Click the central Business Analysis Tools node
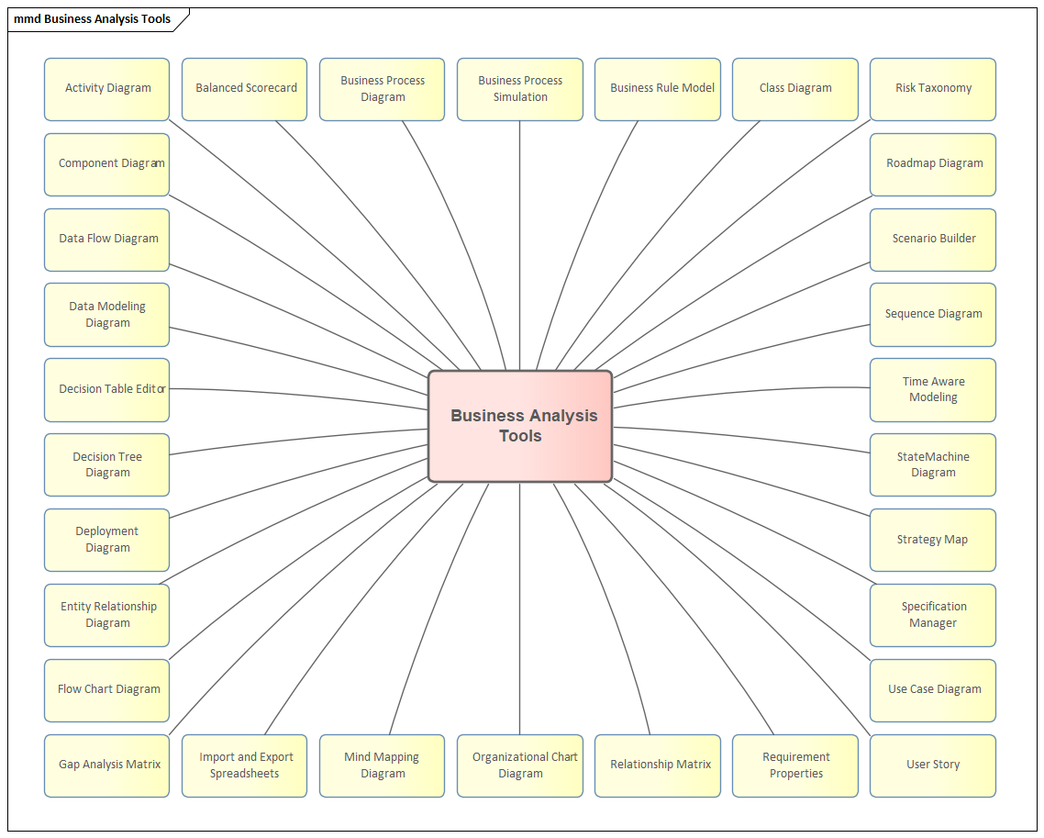point(520,426)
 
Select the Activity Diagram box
point(107,89)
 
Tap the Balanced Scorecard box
point(245,89)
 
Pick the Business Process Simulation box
point(520,89)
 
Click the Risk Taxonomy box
point(933,89)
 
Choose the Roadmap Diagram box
point(933,164)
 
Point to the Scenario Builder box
point(933,240)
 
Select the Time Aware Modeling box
point(933,390)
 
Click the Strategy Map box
point(933,541)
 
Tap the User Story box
point(933,765)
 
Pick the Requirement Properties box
point(795,765)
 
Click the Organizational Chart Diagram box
point(520,765)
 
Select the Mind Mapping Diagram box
point(383,765)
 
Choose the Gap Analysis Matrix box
point(107,765)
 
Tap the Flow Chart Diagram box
point(107,690)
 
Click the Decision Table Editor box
point(107,390)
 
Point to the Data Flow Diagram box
point(107,240)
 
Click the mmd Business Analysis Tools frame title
point(93,19)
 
